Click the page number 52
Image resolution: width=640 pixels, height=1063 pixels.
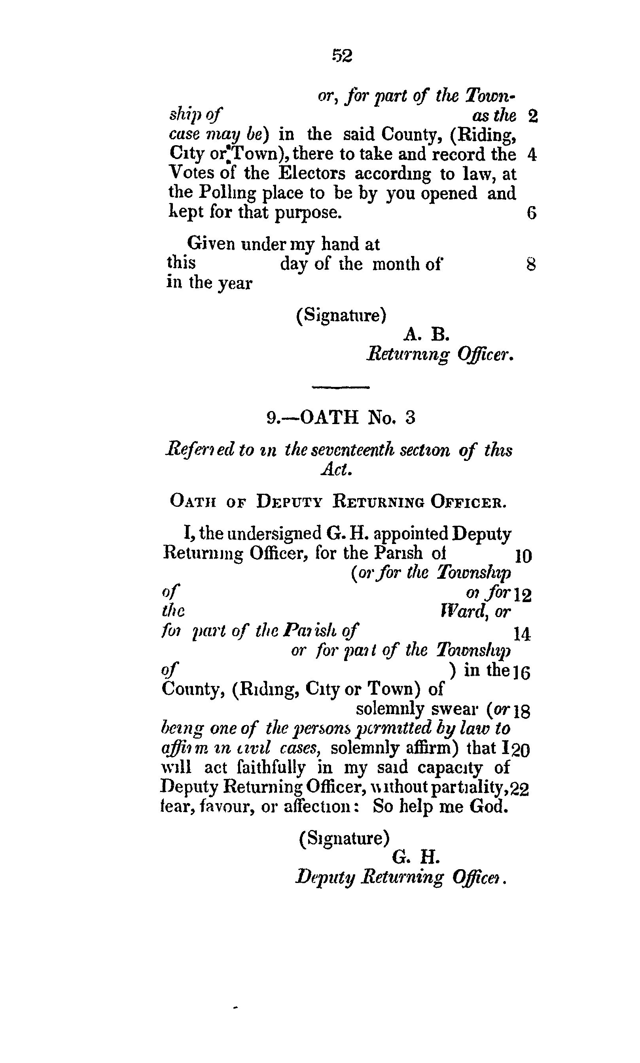tap(342, 56)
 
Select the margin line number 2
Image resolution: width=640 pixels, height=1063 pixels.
tap(533, 116)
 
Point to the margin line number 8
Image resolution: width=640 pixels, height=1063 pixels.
tap(531, 264)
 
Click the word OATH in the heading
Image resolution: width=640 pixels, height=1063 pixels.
tap(329, 417)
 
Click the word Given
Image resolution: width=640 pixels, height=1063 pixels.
tap(211, 244)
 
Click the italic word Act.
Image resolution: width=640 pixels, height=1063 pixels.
tap(337, 470)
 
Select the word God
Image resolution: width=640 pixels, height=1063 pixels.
tap(488, 806)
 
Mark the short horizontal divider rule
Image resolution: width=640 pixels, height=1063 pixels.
tap(341, 387)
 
